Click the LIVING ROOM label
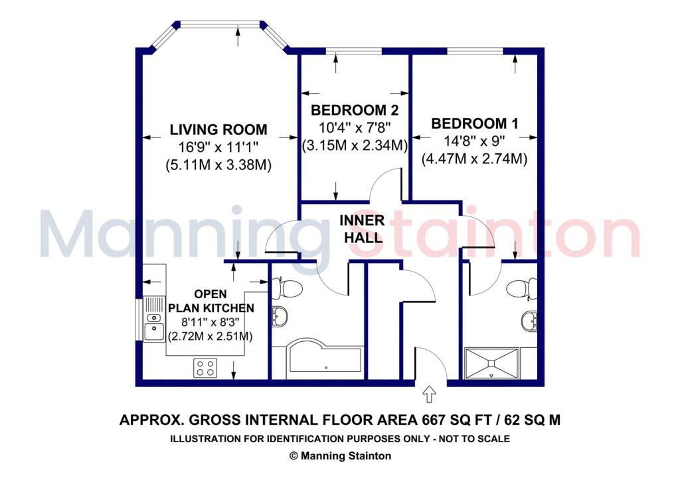218,129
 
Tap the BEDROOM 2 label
355,110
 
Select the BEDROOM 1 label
474,123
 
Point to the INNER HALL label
362,228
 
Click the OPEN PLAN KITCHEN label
211,301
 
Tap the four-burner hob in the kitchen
205,368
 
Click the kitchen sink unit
154,318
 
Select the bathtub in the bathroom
325,359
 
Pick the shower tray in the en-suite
491,363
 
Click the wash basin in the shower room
529,321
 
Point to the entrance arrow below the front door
430,394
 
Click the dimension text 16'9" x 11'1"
218,147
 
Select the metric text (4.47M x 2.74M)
474,159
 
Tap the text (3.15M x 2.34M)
355,145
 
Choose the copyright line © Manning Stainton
341,455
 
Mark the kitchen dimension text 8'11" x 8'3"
211,322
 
